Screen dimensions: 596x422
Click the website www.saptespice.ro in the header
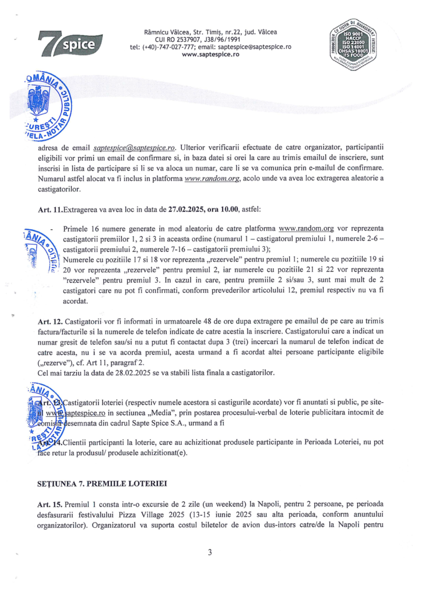(x=210, y=54)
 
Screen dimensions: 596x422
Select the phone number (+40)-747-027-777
(x=170, y=47)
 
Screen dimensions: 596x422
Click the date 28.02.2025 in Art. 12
(x=133, y=373)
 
